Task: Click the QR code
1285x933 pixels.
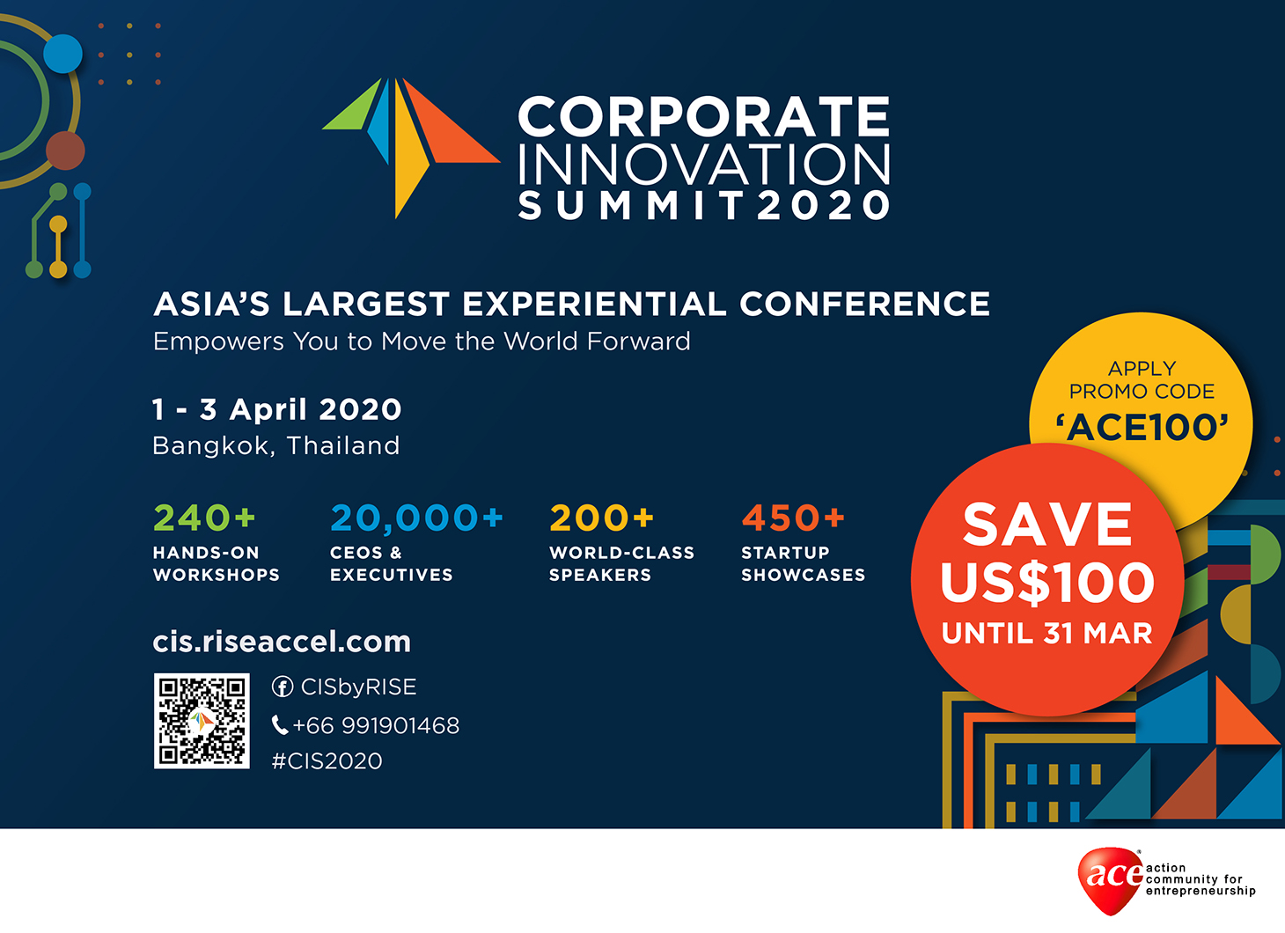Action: pyautogui.click(x=202, y=721)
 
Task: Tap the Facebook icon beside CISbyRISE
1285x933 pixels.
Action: pyautogui.click(x=283, y=687)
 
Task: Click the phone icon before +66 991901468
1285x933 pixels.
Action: pyautogui.click(x=279, y=725)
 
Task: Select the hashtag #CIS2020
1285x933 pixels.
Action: pyautogui.click(x=327, y=761)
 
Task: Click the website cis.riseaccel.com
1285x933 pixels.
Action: pyautogui.click(x=282, y=642)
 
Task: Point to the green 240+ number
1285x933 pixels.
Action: pyautogui.click(x=204, y=518)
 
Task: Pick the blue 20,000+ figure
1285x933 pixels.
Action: pyautogui.click(x=416, y=518)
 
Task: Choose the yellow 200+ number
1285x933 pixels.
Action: pyautogui.click(x=601, y=518)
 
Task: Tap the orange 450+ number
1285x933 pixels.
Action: pyautogui.click(x=793, y=518)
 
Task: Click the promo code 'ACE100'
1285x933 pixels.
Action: pyautogui.click(x=1142, y=428)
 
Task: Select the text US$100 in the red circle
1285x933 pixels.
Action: pyautogui.click(x=1047, y=583)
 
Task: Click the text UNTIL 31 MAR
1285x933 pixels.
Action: pyautogui.click(x=1047, y=634)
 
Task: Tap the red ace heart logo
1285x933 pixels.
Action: pyautogui.click(x=1111, y=879)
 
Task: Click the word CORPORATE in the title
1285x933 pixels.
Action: pyautogui.click(x=704, y=116)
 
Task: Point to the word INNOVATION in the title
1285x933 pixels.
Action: pyautogui.click(x=704, y=164)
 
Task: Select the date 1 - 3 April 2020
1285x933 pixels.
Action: pyautogui.click(x=277, y=409)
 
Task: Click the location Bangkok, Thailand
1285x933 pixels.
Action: pyautogui.click(x=276, y=446)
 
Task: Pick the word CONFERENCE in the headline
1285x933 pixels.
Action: pyautogui.click(x=864, y=304)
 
